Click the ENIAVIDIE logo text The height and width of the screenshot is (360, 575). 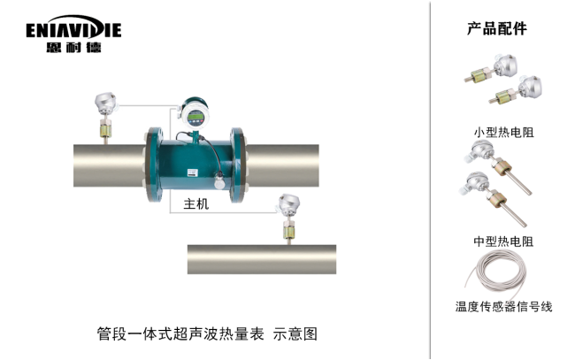[73, 29]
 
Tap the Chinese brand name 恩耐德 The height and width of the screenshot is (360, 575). [73, 47]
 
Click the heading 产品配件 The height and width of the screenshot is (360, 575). [497, 28]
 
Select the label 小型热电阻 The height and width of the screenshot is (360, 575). [503, 132]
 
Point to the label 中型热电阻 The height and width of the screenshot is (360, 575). [503, 241]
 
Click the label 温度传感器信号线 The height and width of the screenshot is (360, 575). [503, 306]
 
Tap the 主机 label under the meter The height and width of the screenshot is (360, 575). [196, 203]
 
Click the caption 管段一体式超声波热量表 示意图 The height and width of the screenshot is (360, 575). [207, 333]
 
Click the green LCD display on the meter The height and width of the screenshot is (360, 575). [195, 118]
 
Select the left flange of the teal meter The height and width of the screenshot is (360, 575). [153, 165]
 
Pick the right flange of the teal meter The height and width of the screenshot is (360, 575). [238, 165]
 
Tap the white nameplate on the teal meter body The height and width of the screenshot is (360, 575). [192, 172]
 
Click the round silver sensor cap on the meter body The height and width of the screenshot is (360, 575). [219, 182]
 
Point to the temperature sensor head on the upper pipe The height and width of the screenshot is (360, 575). [105, 103]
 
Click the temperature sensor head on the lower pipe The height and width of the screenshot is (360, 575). [289, 205]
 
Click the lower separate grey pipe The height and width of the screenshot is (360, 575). [262, 259]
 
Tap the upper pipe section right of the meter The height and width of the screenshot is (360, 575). [282, 165]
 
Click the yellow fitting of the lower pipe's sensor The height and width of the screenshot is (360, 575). [288, 232]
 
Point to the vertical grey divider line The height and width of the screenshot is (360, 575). [430, 180]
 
